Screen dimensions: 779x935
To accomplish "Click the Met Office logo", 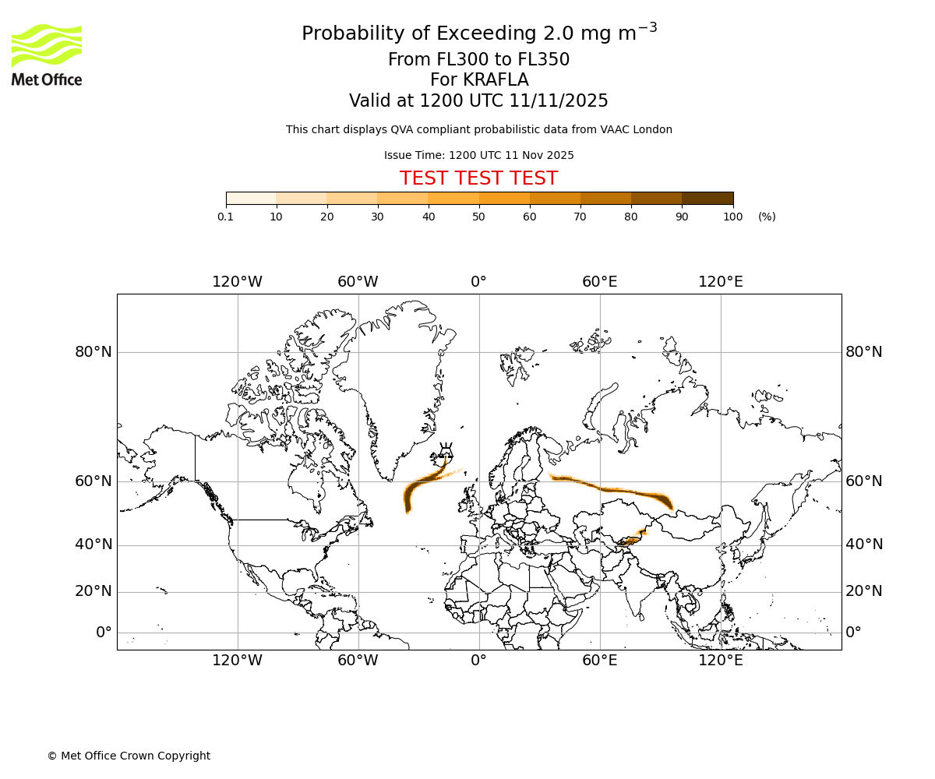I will pos(47,55).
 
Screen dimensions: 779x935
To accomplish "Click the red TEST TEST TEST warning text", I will pos(478,179).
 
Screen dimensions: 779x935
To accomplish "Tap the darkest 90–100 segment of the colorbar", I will pos(707,199).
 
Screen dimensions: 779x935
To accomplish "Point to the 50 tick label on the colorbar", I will pos(478,217).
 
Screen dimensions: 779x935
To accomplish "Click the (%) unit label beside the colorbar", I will pos(767,217).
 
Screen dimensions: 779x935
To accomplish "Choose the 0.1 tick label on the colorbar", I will pos(225,217).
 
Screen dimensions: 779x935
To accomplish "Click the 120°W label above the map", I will pos(237,282).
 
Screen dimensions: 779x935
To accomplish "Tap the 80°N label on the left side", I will pos(93,352).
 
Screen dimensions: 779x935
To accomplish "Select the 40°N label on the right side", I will pos(864,545).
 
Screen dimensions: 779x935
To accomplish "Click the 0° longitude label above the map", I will pos(478,282).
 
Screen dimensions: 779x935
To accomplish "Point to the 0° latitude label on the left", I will pos(104,633).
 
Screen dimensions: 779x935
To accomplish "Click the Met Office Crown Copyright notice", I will pos(129,756).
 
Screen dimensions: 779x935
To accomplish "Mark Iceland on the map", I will pos(446,452).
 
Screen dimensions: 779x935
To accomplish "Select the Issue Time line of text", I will pos(478,155).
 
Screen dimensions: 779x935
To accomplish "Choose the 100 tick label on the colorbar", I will pos(732,217).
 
